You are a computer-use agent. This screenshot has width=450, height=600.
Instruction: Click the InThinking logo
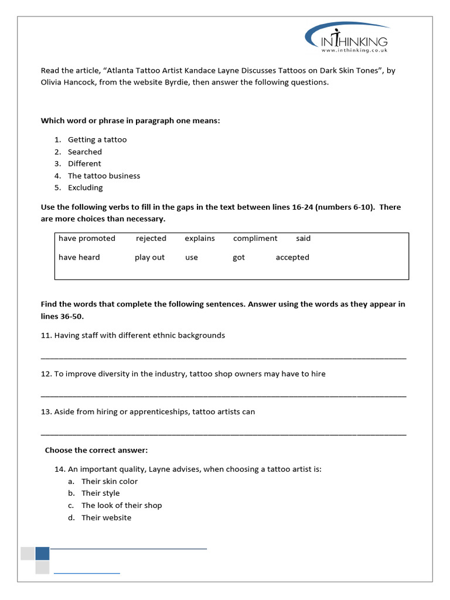coord(347,37)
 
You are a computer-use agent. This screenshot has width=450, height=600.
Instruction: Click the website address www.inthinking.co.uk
coord(354,50)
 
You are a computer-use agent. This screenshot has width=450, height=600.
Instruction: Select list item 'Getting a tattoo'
coord(97,139)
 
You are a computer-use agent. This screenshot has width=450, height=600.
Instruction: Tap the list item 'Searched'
coord(84,152)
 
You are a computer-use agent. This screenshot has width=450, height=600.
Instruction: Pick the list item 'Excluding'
coord(85,187)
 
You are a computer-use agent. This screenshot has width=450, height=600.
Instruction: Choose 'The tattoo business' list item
coord(104,176)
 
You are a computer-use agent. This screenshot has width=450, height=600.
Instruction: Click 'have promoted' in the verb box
coord(87,238)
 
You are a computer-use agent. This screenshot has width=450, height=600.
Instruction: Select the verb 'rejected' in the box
coord(151,238)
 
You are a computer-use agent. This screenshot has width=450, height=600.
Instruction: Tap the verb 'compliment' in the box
coord(255,238)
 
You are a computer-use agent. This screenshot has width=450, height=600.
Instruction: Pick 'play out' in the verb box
coord(149,257)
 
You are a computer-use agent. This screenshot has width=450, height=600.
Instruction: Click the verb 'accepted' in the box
coord(292,257)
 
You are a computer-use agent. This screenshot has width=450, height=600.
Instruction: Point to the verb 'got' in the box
coord(238,258)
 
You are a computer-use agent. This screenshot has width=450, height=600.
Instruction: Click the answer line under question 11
coord(223,357)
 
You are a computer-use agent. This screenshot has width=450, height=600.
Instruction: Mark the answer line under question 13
coord(223,434)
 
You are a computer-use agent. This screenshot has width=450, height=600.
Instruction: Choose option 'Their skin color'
coord(110,481)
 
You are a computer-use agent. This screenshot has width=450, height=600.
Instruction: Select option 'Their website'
coord(106,517)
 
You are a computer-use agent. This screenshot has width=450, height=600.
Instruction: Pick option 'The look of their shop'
coord(121,505)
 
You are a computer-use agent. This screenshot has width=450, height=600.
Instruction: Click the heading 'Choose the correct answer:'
coord(97,450)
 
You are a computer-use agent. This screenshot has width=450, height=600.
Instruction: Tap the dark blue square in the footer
coord(42,554)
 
